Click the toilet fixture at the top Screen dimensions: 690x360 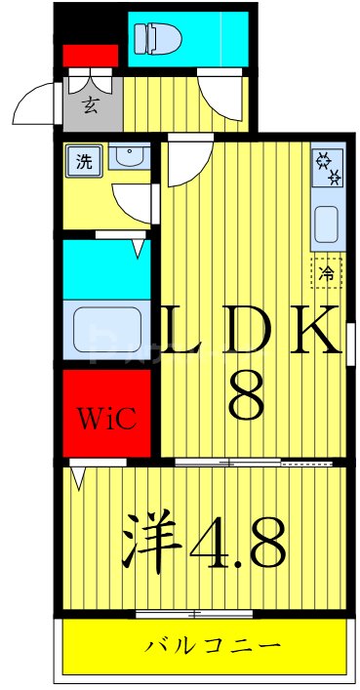[x=157, y=38]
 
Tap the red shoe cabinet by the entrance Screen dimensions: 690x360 [x=90, y=56]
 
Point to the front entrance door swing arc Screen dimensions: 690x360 [x=37, y=102]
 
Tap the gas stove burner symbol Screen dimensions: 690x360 [x=326, y=168]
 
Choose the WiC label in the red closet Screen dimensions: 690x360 [x=108, y=420]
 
